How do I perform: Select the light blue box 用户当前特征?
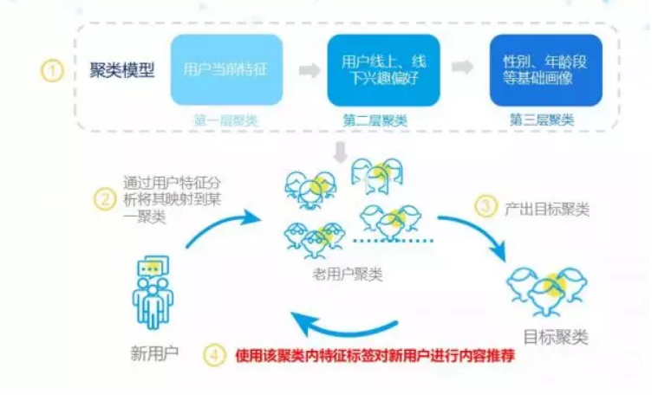227,70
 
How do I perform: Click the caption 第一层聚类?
227,120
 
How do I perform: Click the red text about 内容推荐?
375,355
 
